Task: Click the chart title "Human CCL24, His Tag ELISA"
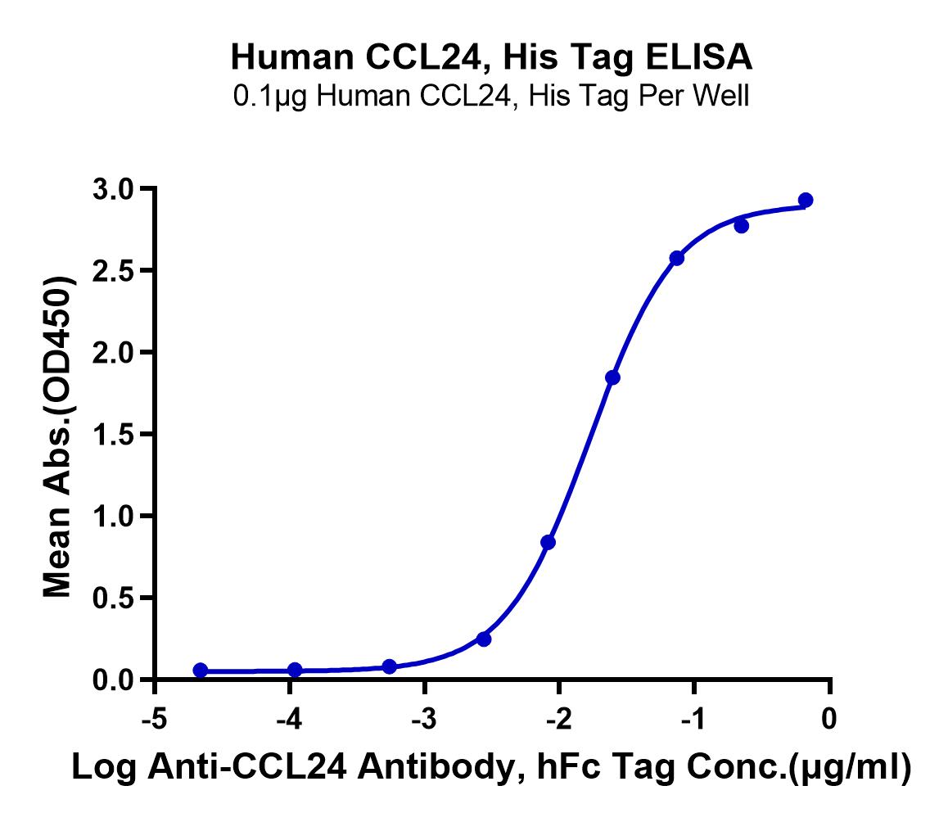tap(491, 57)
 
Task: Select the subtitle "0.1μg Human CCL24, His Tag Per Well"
tap(491, 96)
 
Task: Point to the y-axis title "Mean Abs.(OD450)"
tap(58, 437)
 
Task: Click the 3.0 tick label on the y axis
tap(112, 189)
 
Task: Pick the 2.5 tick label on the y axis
tap(112, 271)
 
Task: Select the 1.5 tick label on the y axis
tap(112, 435)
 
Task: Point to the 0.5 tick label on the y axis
tap(112, 598)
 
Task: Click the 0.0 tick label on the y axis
tap(112, 680)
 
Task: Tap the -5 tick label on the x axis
tap(155, 719)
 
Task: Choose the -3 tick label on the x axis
tap(424, 719)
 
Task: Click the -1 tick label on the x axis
tap(694, 719)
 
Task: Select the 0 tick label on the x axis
tap(829, 719)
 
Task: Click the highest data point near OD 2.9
tap(806, 201)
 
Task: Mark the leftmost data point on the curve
tap(200, 671)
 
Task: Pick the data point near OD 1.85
tap(612, 377)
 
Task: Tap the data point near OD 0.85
tap(548, 543)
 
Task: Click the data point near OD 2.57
tap(676, 258)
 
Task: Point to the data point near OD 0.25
tap(484, 639)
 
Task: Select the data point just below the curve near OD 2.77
tap(741, 226)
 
